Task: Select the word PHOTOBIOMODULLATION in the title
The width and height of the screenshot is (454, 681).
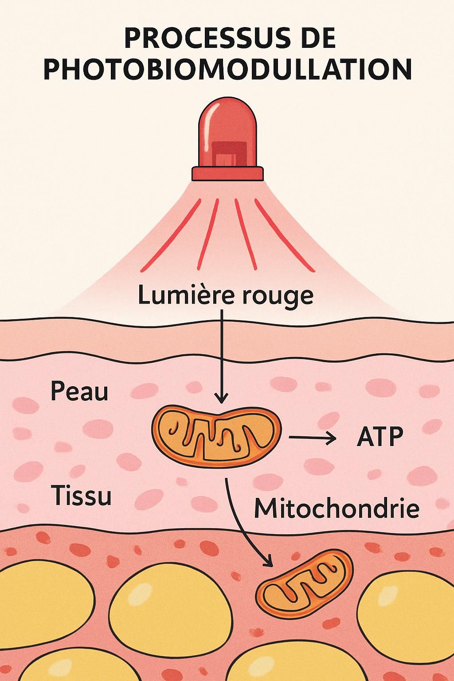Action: tap(227, 70)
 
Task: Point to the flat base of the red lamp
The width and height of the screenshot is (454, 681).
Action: tap(227, 174)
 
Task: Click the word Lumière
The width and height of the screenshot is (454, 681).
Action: tap(186, 295)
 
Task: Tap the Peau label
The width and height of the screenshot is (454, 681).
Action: tap(79, 391)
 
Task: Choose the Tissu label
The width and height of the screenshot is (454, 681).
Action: tap(81, 495)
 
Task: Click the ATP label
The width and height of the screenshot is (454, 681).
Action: tap(380, 437)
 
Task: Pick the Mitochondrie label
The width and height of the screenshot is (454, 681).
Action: tap(337, 509)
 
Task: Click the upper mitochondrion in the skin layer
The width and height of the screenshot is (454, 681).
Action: tap(216, 436)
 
